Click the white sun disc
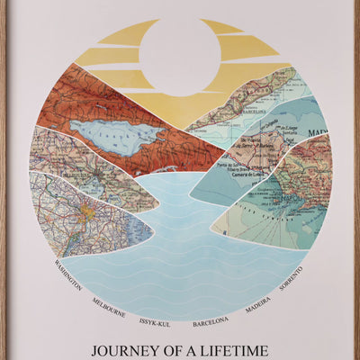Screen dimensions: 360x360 tap(180, 56)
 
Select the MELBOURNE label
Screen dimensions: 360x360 tap(108, 302)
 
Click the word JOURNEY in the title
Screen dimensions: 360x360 tap(125, 346)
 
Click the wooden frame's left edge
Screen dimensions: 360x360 tap(3, 180)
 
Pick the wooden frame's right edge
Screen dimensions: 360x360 tap(356, 180)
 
